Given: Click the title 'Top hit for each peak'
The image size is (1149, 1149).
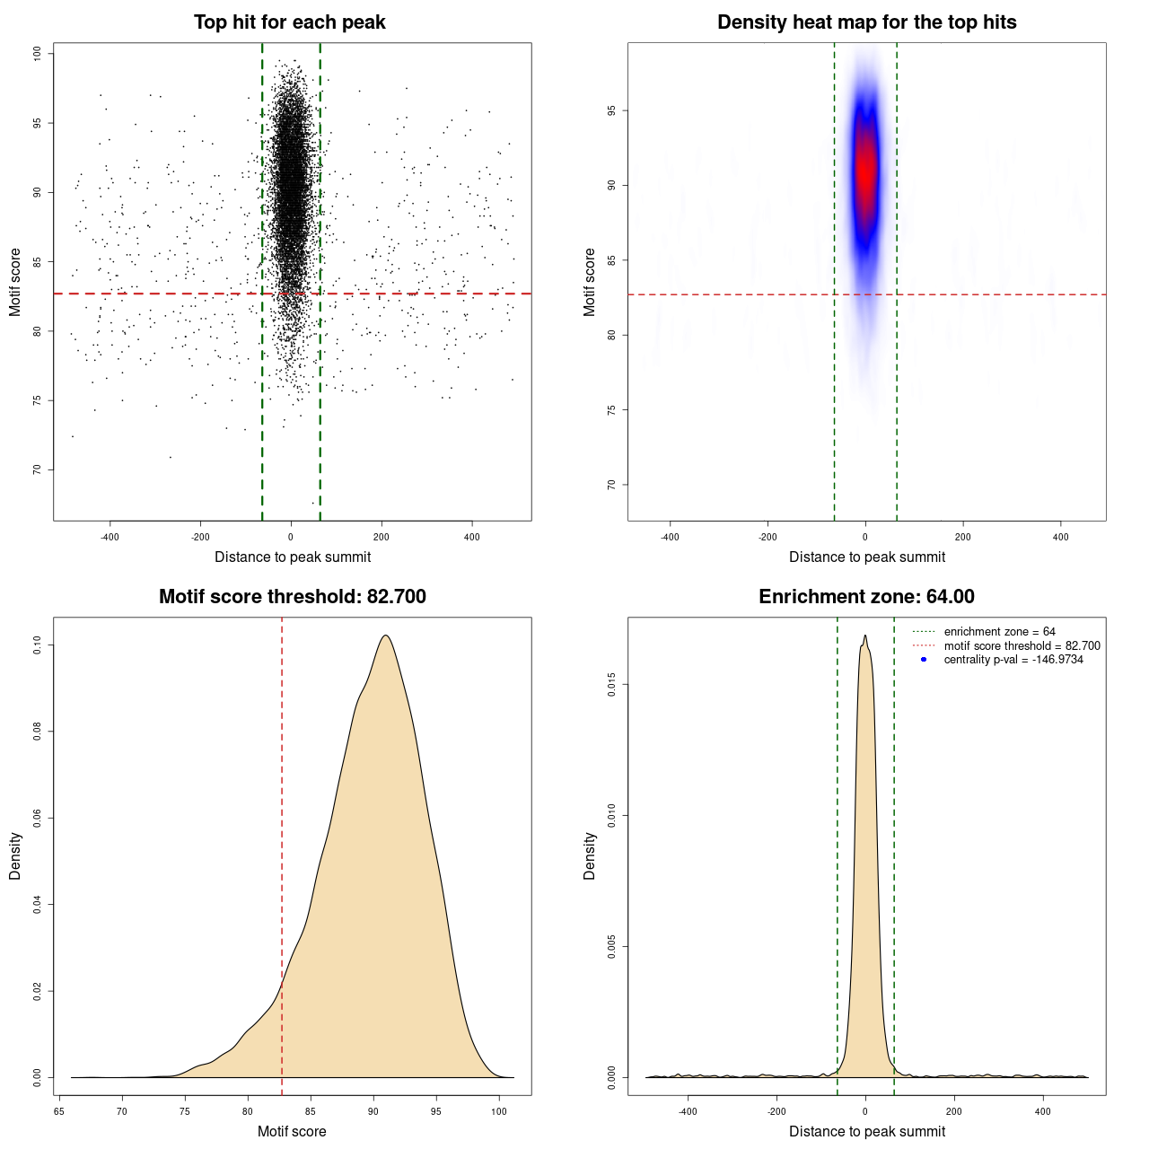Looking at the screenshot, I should [289, 22].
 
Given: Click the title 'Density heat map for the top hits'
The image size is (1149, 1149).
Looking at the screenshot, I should [866, 22].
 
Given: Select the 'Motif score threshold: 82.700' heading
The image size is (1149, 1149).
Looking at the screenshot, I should [292, 597].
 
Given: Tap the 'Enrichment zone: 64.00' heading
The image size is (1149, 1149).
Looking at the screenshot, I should [866, 597].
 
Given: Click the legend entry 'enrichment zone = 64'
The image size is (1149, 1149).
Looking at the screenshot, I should [999, 632].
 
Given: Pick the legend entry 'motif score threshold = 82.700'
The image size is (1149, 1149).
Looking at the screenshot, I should [1022, 646].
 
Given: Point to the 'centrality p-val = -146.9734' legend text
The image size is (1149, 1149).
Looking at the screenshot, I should [1013, 660].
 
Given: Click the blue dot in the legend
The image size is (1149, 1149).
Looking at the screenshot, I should [924, 660].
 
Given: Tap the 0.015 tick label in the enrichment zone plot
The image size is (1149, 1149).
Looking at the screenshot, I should [611, 686].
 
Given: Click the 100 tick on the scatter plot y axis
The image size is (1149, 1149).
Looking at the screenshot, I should [37, 54].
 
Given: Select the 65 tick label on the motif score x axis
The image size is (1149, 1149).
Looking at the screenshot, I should [59, 1111].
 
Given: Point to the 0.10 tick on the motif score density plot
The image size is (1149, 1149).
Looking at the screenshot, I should [37, 645].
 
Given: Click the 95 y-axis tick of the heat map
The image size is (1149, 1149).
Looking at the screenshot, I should [611, 111].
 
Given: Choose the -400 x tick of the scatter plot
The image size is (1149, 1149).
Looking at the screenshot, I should [110, 537].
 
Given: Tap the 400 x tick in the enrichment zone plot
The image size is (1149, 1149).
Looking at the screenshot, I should [1043, 1111].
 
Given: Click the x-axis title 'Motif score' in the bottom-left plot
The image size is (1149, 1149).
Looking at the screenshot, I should [292, 1131].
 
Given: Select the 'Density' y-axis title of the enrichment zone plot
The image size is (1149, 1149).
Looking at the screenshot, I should [590, 855].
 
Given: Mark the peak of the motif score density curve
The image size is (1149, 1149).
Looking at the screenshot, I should [386, 636].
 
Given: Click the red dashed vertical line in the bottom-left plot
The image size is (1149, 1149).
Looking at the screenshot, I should [282, 808].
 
